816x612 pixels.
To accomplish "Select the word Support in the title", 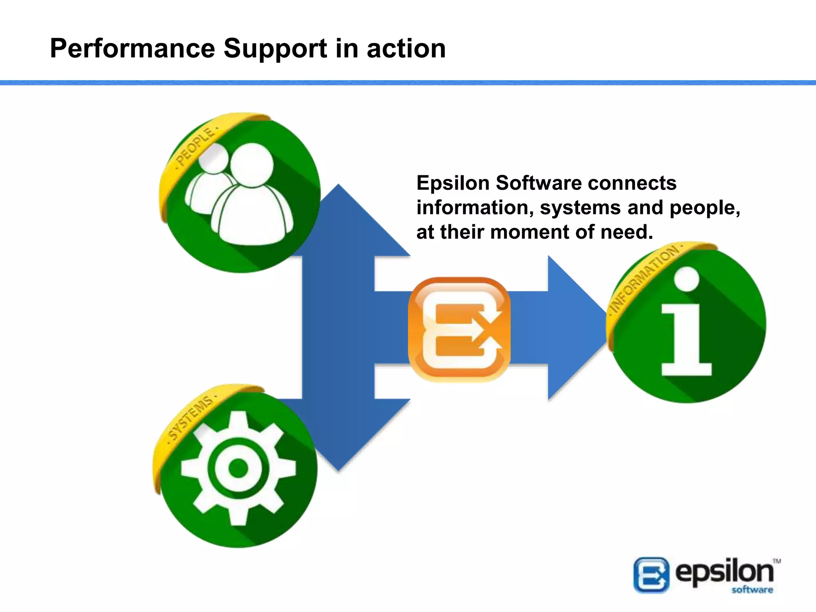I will (275, 49).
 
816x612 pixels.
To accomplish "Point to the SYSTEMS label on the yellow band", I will (190, 418).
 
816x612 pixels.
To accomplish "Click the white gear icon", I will (238, 468).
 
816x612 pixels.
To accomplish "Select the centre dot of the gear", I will (238, 468).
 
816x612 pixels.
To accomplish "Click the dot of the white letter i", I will (686, 278).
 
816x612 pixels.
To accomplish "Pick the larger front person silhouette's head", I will (252, 165).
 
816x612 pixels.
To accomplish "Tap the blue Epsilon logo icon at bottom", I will (651, 575).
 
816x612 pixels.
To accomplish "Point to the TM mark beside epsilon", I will (777, 561).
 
